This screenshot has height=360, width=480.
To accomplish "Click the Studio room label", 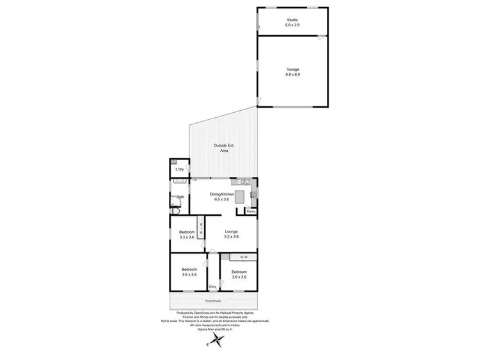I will [x=292, y=20].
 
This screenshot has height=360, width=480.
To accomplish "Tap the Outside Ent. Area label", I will [x=224, y=148].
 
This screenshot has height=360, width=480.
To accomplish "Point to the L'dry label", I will [x=180, y=169].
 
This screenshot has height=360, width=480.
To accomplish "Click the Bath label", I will [x=180, y=197].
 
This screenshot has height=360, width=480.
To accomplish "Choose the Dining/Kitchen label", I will [x=225, y=194].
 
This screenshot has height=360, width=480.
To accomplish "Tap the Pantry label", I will [x=252, y=211].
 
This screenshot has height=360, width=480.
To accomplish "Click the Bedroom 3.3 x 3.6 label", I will [x=187, y=234].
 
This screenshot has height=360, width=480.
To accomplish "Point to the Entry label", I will [x=212, y=286].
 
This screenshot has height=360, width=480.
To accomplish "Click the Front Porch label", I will [x=214, y=300].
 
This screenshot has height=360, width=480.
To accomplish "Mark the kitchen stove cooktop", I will [x=254, y=193].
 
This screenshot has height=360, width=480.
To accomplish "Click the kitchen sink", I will [x=236, y=182].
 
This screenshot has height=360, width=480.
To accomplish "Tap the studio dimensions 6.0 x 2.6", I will [x=292, y=25].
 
